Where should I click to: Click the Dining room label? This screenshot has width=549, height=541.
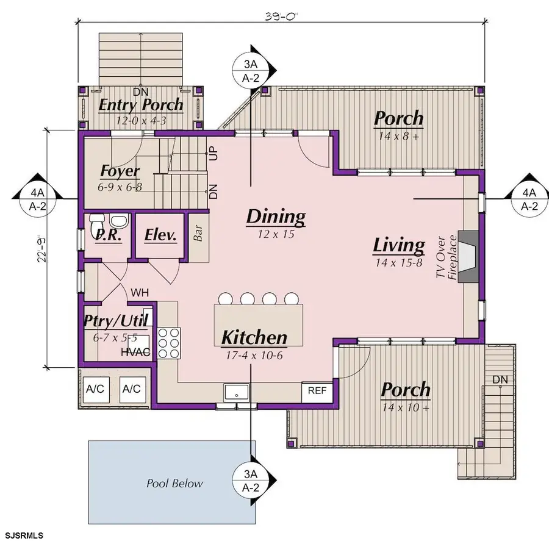[x=276, y=217]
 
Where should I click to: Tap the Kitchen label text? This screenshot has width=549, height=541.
[x=254, y=337]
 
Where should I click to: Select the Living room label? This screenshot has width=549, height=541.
[x=399, y=245]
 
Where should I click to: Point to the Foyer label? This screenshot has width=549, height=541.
[x=120, y=171]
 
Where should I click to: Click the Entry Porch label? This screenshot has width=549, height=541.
[x=141, y=105]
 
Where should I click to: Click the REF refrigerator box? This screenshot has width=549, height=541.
[x=317, y=391]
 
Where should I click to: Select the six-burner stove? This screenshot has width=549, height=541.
[x=169, y=343]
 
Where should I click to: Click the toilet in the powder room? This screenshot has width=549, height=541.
[x=97, y=225]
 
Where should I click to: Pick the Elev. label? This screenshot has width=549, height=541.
[x=160, y=235]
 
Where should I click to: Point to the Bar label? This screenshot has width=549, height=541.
[x=198, y=233]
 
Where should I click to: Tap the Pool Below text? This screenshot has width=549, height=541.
[x=174, y=484]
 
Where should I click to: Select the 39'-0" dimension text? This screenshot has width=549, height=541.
[x=281, y=16]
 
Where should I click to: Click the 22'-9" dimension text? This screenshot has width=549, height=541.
[x=42, y=248]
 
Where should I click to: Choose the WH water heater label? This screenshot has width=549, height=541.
[x=140, y=292]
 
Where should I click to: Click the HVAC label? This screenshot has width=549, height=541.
[x=135, y=352]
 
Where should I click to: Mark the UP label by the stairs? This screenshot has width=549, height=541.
[x=213, y=153]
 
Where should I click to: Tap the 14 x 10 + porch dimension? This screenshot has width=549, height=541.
[x=406, y=407]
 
